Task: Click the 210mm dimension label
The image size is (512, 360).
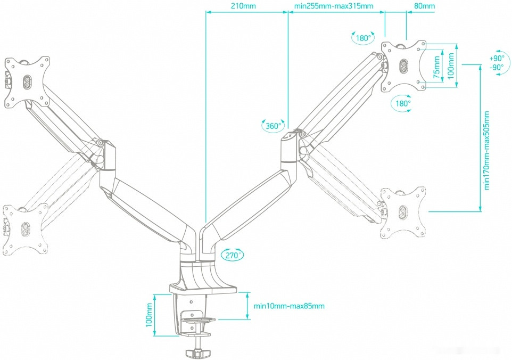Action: point(243,6)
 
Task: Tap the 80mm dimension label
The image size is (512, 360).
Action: point(424,6)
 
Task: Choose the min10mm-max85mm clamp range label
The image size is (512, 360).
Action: point(289,306)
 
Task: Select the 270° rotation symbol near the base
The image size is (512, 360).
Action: point(231,255)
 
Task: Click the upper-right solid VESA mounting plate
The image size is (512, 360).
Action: point(404,65)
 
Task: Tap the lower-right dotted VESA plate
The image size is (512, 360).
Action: point(403,212)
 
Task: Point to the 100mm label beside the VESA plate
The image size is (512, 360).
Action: point(451,66)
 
